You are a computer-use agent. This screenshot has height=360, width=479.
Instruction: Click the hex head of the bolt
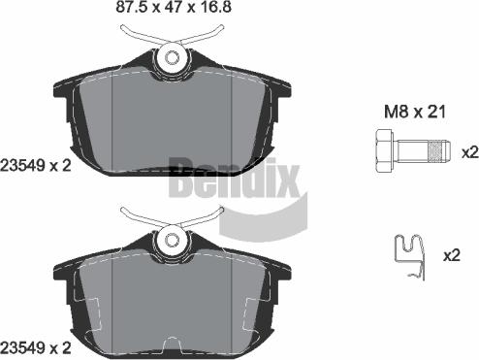pos(381,152)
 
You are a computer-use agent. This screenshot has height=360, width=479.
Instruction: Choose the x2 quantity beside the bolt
pos(469,152)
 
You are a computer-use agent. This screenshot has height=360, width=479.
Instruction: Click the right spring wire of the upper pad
pos(211,35)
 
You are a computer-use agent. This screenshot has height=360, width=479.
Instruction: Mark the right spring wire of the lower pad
pos(211,213)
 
